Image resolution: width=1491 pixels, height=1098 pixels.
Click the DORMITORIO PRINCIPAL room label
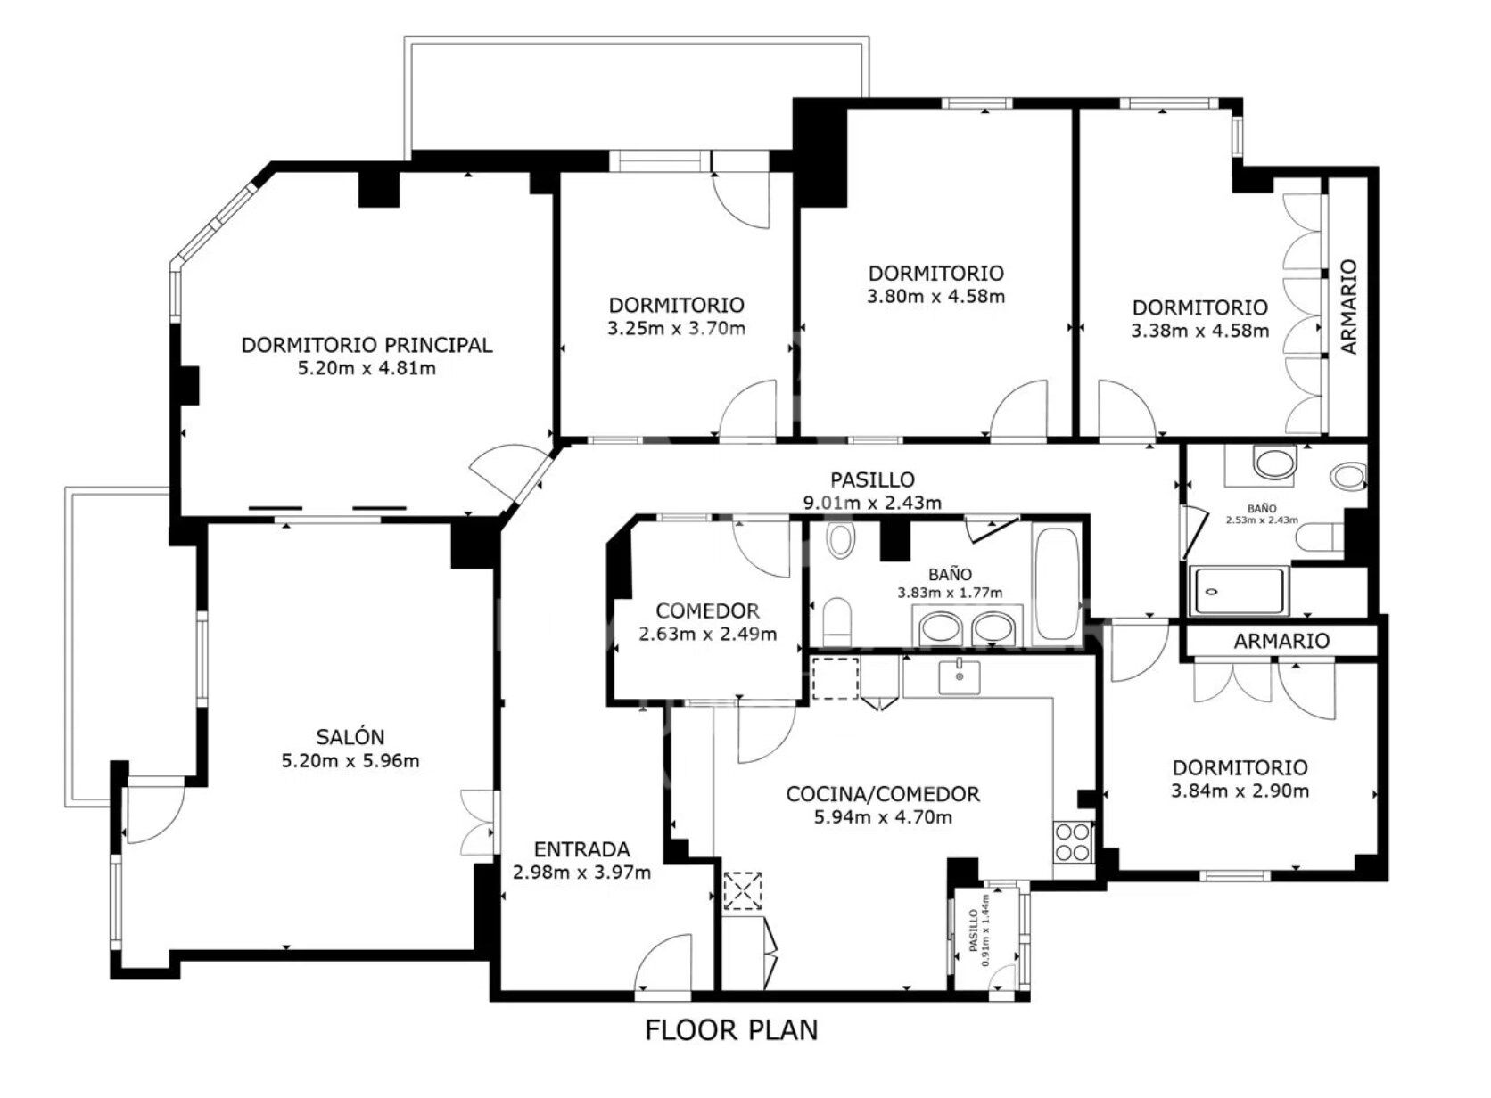[x=367, y=345]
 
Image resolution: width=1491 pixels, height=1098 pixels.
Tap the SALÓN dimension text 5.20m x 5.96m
[x=350, y=761]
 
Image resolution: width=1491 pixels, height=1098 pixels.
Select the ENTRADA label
[x=581, y=849]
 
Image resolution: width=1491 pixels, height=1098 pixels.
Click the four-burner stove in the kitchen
[x=1073, y=840]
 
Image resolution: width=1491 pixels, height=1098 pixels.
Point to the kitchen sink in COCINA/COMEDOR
[x=960, y=676]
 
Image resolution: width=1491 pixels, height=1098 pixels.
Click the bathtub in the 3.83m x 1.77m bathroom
[x=1057, y=584]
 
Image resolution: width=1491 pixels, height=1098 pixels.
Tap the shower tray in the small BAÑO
[x=1237, y=591]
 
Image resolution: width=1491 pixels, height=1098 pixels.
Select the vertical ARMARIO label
[x=1349, y=307]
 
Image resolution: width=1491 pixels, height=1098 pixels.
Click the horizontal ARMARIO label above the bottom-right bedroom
[x=1281, y=641]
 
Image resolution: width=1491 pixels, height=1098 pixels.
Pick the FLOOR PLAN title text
[x=730, y=1030]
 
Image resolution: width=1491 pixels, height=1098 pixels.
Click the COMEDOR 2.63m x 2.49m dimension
[x=707, y=635]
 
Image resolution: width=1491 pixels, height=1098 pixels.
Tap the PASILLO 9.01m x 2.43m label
[x=871, y=502]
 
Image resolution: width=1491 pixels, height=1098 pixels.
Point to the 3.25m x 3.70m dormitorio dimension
[x=676, y=328]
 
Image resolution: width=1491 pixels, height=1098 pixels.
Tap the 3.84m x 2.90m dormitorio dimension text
[x=1240, y=791]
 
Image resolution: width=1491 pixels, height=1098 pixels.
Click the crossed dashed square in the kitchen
[x=743, y=889]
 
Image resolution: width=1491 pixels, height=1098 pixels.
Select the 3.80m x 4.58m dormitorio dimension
[x=935, y=296]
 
